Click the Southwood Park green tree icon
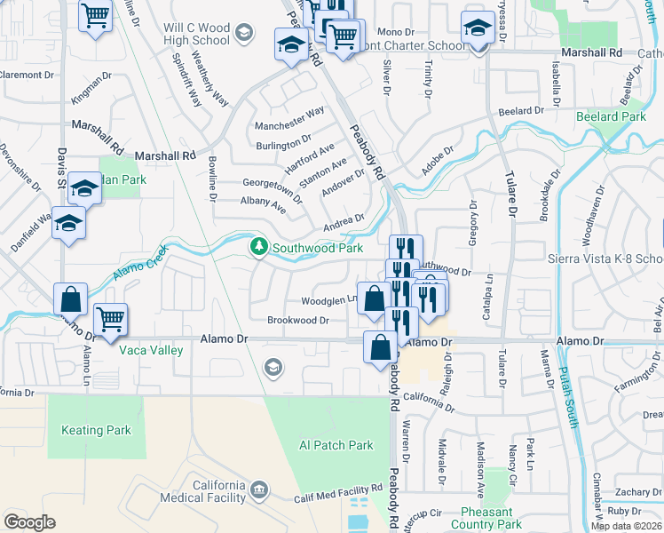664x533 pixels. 258,246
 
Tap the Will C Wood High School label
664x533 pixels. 197,34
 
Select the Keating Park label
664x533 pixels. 96,430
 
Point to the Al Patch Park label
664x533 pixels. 336,445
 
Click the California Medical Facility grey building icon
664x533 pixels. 258,489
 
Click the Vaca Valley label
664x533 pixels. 151,350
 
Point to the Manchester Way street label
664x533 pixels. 289,115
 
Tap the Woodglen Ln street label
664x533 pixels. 328,300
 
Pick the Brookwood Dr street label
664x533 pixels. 298,320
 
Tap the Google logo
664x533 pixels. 28,522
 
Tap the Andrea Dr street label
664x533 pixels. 344,220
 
